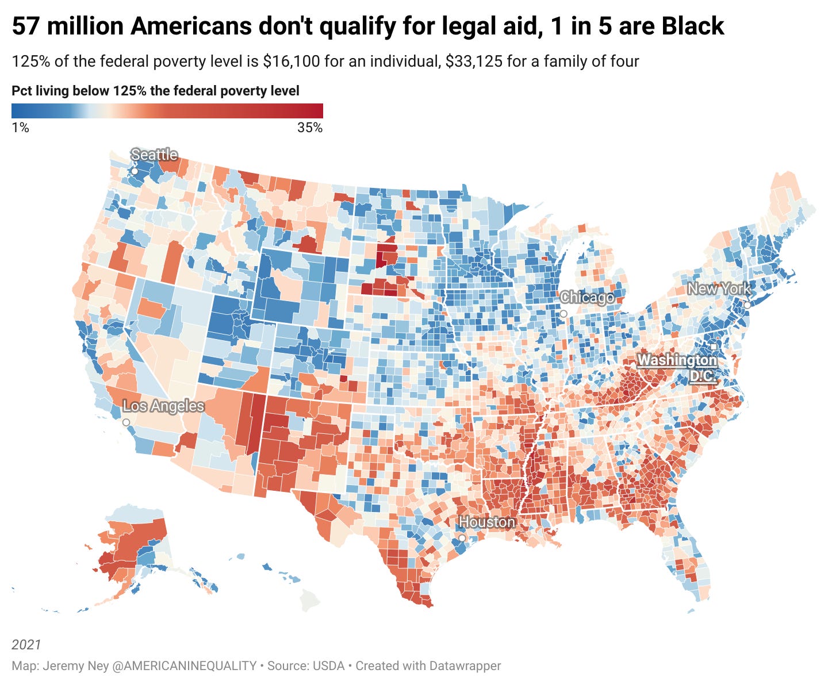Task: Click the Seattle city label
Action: (154, 155)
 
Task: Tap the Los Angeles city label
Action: (164, 406)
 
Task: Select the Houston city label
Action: (487, 522)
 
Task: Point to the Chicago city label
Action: (587, 298)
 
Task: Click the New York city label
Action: (719, 289)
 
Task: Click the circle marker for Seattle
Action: (135, 171)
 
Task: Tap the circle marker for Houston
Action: (462, 538)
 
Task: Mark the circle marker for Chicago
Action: (563, 314)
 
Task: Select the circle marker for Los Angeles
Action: (126, 422)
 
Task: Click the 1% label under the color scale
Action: (20, 128)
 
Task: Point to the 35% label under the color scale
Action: (310, 128)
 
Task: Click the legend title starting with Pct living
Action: (155, 91)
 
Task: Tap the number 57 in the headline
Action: (25, 26)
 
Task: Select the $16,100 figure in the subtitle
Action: (291, 61)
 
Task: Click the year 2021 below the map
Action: (26, 645)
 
